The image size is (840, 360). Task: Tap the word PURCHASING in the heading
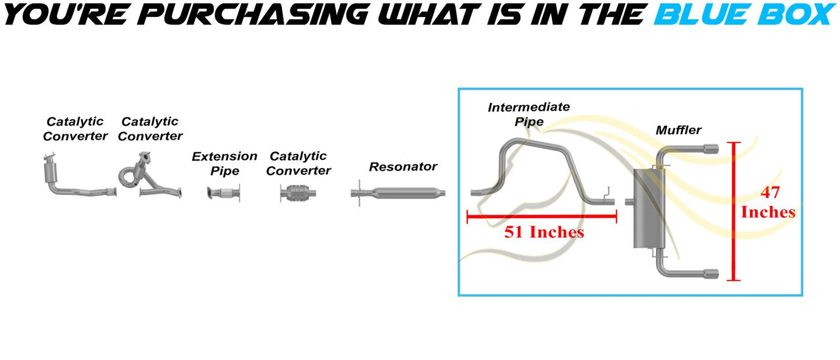(x=253, y=15)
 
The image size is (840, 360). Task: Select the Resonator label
(x=403, y=166)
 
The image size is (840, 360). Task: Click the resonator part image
(x=398, y=193)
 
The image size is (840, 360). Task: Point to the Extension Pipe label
(x=224, y=163)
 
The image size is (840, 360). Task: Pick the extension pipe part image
(x=223, y=194)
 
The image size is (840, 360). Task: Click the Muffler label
(x=678, y=130)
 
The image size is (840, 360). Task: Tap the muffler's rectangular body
(x=649, y=208)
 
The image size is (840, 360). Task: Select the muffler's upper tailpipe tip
(x=711, y=149)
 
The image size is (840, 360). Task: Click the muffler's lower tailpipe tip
(x=711, y=274)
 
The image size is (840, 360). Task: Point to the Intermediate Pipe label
(x=529, y=115)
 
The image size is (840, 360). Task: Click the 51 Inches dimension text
(x=544, y=232)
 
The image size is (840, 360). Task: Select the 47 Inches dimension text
(x=768, y=202)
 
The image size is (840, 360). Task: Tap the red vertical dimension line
(x=734, y=212)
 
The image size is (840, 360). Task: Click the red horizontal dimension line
(x=542, y=216)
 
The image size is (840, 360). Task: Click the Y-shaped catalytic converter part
(x=150, y=174)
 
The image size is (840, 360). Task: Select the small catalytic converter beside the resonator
(x=298, y=194)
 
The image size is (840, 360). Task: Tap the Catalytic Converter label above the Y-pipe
(x=150, y=129)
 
